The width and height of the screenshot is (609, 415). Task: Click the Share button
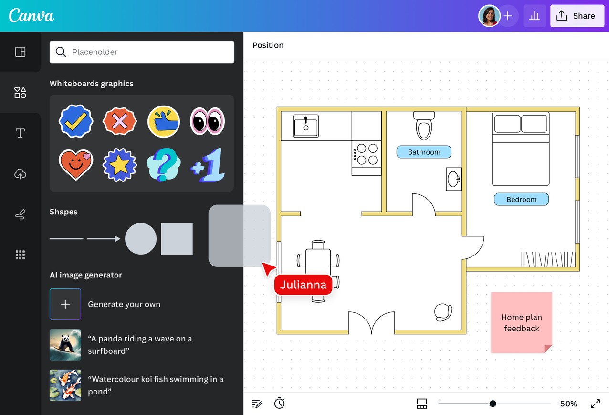click(x=577, y=16)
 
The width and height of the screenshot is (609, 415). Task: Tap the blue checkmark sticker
click(x=76, y=121)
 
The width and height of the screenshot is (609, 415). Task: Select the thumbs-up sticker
click(x=163, y=121)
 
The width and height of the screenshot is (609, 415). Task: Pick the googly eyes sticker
click(x=207, y=121)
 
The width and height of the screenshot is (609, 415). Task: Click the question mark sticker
click(x=163, y=165)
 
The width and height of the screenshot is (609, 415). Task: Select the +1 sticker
click(x=208, y=165)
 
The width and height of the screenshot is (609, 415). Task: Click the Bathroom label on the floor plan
click(x=424, y=152)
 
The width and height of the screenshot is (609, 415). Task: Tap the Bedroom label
click(x=521, y=199)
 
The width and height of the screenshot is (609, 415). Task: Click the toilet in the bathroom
click(x=424, y=126)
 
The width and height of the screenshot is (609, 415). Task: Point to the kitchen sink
click(x=306, y=126)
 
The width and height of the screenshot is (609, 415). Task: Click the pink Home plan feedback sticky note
click(x=522, y=322)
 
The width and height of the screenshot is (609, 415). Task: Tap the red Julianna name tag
click(x=303, y=285)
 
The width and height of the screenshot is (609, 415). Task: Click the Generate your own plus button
click(x=65, y=304)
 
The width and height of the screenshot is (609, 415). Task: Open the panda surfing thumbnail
click(x=65, y=345)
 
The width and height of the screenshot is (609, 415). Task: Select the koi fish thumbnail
click(x=65, y=385)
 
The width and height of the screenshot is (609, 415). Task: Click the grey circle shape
click(x=141, y=239)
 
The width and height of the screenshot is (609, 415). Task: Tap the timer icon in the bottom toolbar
click(x=279, y=403)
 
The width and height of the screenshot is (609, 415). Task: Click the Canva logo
click(x=31, y=15)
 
